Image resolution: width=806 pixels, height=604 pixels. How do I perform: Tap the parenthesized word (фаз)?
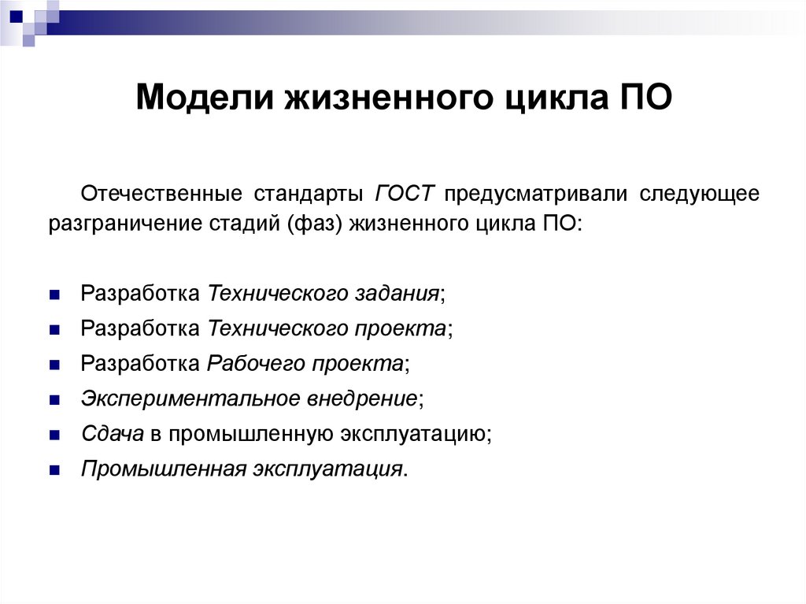[x=318, y=224]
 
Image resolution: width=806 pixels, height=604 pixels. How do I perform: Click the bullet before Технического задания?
[x=54, y=295]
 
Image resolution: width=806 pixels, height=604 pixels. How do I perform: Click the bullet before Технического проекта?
[x=54, y=330]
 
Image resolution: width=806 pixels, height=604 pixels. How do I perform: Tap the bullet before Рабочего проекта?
[x=54, y=365]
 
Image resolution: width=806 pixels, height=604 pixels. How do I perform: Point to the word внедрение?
[x=362, y=398]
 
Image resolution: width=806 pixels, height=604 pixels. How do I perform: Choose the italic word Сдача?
[x=111, y=433]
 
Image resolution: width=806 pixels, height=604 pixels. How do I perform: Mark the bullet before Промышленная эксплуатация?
[x=54, y=469]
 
